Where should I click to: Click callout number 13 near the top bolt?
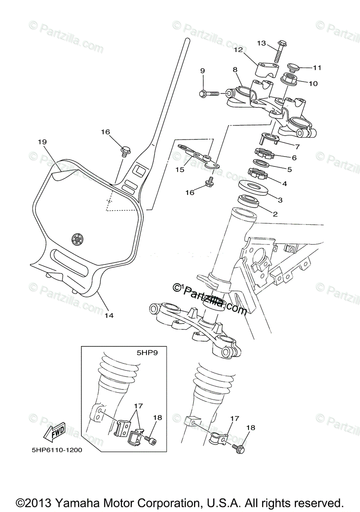(x=261, y=43)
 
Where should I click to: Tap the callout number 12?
(x=238, y=50)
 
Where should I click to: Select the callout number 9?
(x=202, y=70)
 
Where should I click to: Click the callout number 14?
(x=109, y=316)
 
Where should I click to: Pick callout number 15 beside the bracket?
(x=180, y=169)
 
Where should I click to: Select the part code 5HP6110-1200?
(x=57, y=450)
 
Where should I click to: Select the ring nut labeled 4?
(x=257, y=174)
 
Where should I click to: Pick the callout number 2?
(x=275, y=214)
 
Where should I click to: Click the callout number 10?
(x=313, y=84)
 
